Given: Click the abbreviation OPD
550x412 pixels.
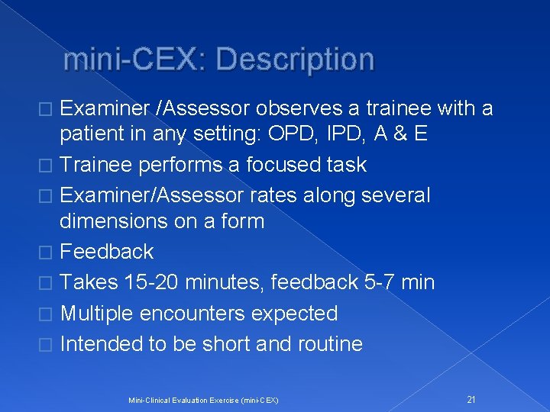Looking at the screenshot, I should coord(277,134).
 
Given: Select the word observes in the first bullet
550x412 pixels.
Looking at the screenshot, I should coord(283,109).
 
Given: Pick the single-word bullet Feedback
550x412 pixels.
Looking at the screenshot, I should coord(106,251).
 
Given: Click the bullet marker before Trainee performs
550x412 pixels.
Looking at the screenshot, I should coord(49,166).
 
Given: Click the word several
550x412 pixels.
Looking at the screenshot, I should coord(394,195).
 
